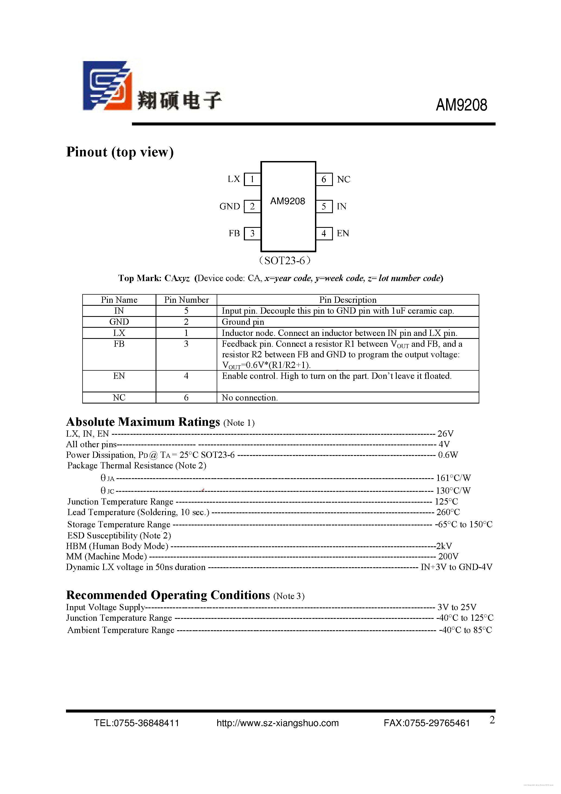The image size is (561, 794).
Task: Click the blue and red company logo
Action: [107, 86]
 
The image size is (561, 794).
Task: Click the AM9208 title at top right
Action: [461, 105]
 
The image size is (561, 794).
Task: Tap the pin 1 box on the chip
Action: [252, 179]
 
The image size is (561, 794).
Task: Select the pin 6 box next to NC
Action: [324, 179]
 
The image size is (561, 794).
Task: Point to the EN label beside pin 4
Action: [342, 234]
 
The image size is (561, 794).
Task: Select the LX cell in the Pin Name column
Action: [119, 333]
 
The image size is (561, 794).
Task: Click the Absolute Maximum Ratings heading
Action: [143, 422]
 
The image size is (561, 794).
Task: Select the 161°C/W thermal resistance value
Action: [453, 478]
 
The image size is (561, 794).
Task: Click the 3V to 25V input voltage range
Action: [456, 607]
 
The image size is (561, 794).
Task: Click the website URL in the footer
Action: [278, 723]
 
